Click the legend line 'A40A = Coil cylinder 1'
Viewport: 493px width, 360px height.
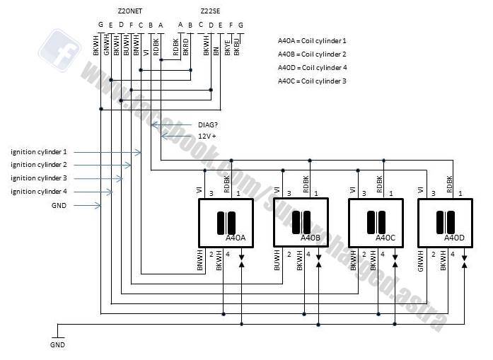312,41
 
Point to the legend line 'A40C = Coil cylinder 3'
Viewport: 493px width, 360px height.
312,81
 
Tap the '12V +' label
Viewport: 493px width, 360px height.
207,136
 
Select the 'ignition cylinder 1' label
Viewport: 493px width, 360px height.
39,152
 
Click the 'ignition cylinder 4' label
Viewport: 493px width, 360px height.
39,192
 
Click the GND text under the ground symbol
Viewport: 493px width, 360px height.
57,345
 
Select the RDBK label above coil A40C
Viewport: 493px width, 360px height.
380,183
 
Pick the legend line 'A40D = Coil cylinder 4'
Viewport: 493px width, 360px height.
312,68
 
